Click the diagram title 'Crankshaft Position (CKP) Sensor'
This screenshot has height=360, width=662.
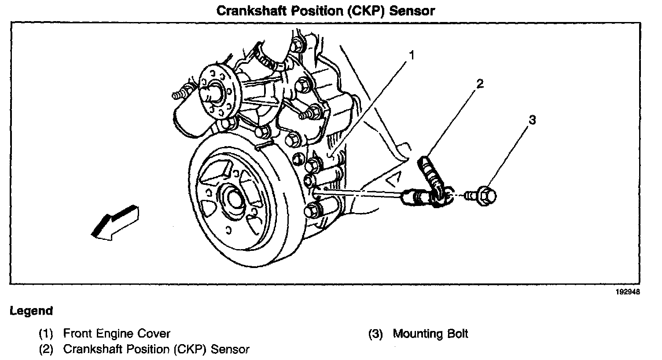point(325,11)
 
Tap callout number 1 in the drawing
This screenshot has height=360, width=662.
point(412,55)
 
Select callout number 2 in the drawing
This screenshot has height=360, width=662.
point(480,84)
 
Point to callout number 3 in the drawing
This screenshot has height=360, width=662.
point(532,120)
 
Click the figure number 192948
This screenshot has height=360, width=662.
point(628,292)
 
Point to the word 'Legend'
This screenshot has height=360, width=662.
point(31,311)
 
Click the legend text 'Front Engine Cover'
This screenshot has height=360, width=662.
point(117,334)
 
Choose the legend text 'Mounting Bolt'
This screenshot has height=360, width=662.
point(430,334)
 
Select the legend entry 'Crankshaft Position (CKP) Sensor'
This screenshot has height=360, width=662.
point(156,349)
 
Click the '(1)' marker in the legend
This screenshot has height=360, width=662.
point(46,334)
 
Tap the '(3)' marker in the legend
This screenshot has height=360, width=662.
point(375,334)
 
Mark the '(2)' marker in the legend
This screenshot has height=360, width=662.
point(46,349)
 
